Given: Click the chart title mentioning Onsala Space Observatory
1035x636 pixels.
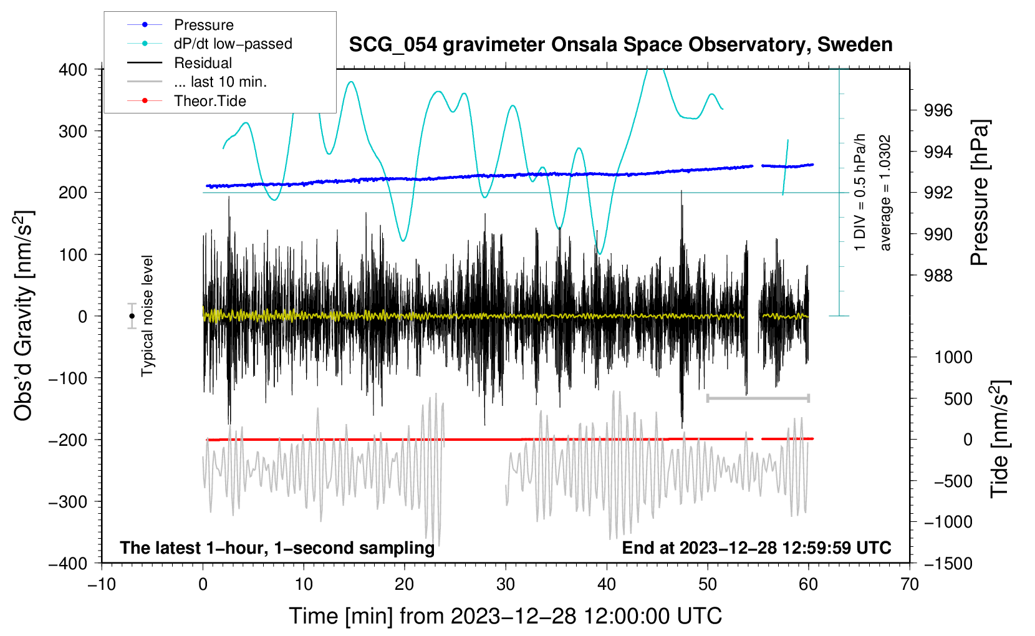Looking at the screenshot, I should [x=620, y=45].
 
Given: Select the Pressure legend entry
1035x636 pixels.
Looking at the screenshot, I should [x=203, y=25].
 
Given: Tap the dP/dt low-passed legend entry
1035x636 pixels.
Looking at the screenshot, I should [x=233, y=44].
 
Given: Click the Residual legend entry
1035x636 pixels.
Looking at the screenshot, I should [x=203, y=63].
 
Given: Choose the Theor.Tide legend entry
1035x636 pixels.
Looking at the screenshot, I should [x=209, y=101].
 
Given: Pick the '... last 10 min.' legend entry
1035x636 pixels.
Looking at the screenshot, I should [x=220, y=82].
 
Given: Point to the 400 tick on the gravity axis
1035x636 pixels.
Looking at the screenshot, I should [x=74, y=69].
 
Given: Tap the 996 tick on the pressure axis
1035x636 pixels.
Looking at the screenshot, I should [x=938, y=110].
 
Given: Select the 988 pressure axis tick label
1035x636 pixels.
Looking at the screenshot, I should [x=938, y=275].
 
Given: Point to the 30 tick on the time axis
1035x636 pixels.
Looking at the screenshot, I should [x=506, y=584].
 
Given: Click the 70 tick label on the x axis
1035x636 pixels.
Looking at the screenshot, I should [x=910, y=584].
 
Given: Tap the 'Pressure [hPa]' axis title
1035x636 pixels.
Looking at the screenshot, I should [x=980, y=193].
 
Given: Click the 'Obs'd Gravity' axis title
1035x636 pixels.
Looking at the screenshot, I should [x=23, y=316].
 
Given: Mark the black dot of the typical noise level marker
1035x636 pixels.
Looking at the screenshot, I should [x=132, y=316].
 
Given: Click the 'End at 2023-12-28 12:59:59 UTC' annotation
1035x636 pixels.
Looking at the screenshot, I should [x=756, y=547].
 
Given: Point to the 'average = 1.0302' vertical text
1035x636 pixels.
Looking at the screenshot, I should [x=885, y=193].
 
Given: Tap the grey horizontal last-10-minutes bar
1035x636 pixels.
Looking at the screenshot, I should [x=758, y=398].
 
